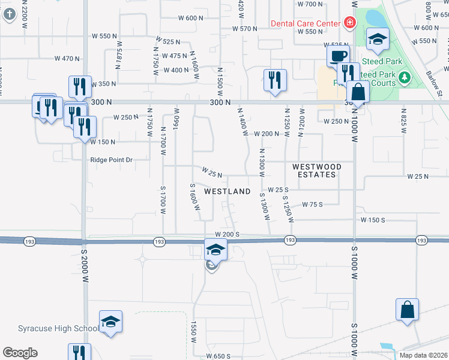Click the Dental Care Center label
pyautogui.click(x=305, y=23)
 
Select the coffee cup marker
pyautogui.click(x=337, y=56)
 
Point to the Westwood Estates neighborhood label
pyautogui.click(x=317, y=170)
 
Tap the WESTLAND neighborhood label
pyautogui.click(x=227, y=191)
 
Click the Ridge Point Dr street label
pyautogui.click(x=111, y=160)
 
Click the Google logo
pyautogui.click(x=20, y=353)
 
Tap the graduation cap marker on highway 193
pyautogui.click(x=216, y=249)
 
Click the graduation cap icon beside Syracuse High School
pyautogui.click(x=111, y=322)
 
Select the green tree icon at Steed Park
pyautogui.click(x=405, y=77)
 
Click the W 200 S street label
pyautogui.click(x=227, y=234)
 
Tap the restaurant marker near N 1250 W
pyautogui.click(x=274, y=79)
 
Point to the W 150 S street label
pyautogui.click(x=372, y=220)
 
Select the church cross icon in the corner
pyautogui.click(x=8, y=13)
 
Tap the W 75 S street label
pyautogui.click(x=312, y=205)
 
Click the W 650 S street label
pyautogui.click(x=218, y=356)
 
